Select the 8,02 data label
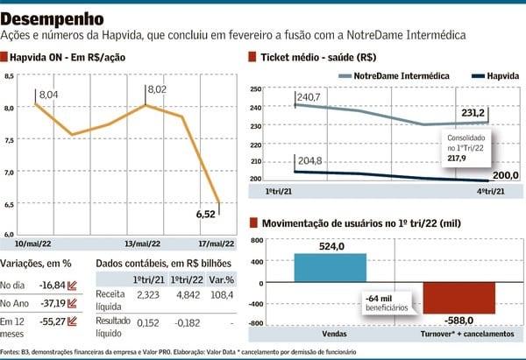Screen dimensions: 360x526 pyautogui.click(x=158, y=89)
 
